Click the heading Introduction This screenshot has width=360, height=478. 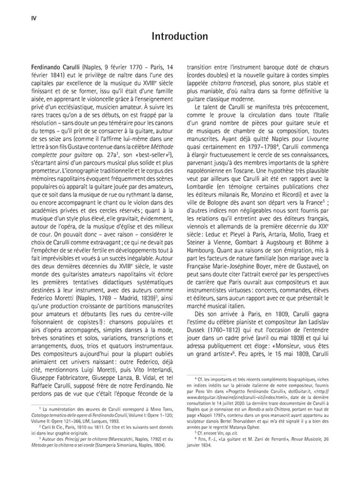click(180, 36)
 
